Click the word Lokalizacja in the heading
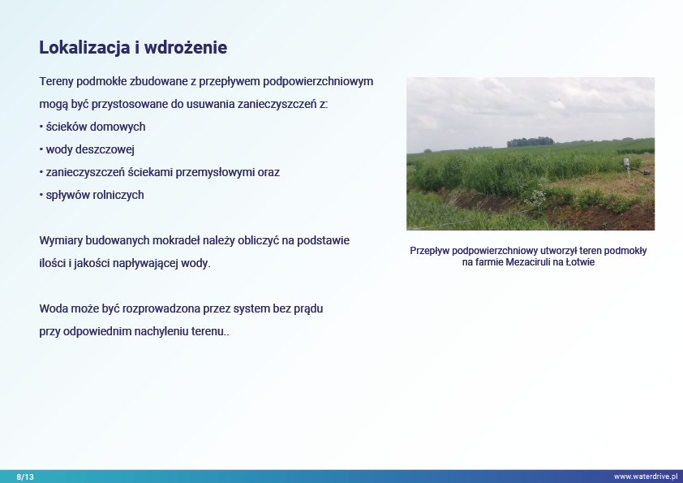tap(84, 48)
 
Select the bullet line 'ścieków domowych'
tap(92, 127)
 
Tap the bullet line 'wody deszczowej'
tap(87, 149)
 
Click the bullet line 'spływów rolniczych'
tap(92, 195)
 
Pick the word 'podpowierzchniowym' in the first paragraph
tap(318, 81)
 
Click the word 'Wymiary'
tap(61, 240)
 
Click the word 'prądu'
tap(308, 309)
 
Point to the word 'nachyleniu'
tap(161, 331)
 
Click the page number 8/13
tap(25, 477)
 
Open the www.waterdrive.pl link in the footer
tap(646, 477)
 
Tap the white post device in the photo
tap(627, 168)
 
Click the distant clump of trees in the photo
tap(531, 142)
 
